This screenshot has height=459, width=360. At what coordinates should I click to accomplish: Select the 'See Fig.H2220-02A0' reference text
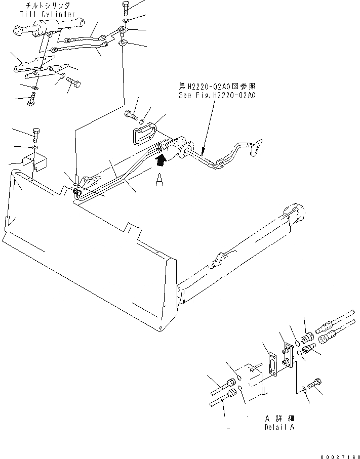pyautogui.click(x=217, y=95)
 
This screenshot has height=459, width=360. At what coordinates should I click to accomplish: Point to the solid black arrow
pyautogui.click(x=162, y=161)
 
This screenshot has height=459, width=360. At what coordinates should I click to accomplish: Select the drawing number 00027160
pyautogui.click(x=340, y=454)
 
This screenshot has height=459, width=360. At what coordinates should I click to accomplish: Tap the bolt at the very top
pyautogui.click(x=126, y=8)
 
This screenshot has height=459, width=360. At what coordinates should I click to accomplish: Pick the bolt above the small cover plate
pyautogui.click(x=36, y=135)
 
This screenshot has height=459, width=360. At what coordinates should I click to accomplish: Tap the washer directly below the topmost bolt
pyautogui.click(x=126, y=20)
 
